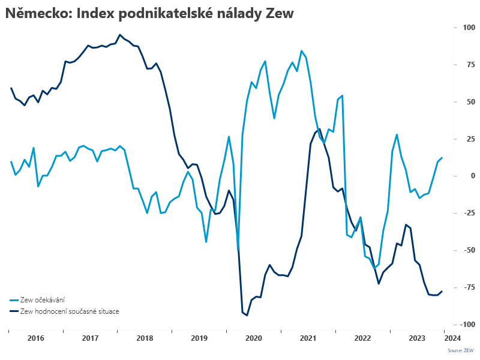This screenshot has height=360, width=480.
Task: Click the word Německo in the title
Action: pos(37,14)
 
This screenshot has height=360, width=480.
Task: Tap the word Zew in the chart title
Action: pos(279,14)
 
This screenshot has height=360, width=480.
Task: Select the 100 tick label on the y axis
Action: pos(451,28)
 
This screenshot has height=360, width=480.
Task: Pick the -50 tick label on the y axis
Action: pos(452,250)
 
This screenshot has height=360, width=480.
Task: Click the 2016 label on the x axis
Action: pos(36,338)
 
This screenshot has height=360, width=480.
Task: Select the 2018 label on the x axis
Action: pos(145,338)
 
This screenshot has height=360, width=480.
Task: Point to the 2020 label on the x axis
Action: pos(254,338)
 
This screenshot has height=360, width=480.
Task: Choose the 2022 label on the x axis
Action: pos(362,338)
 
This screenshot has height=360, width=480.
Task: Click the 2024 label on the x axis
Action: pos(452,338)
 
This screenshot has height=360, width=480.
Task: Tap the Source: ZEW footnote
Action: pos(461,350)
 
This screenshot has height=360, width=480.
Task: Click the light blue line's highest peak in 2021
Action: pos(301,51)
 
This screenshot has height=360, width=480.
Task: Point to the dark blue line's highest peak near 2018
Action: pos(120,35)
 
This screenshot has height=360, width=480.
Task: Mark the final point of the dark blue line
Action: pos(442,292)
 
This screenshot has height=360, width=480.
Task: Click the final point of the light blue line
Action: pos(442,158)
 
